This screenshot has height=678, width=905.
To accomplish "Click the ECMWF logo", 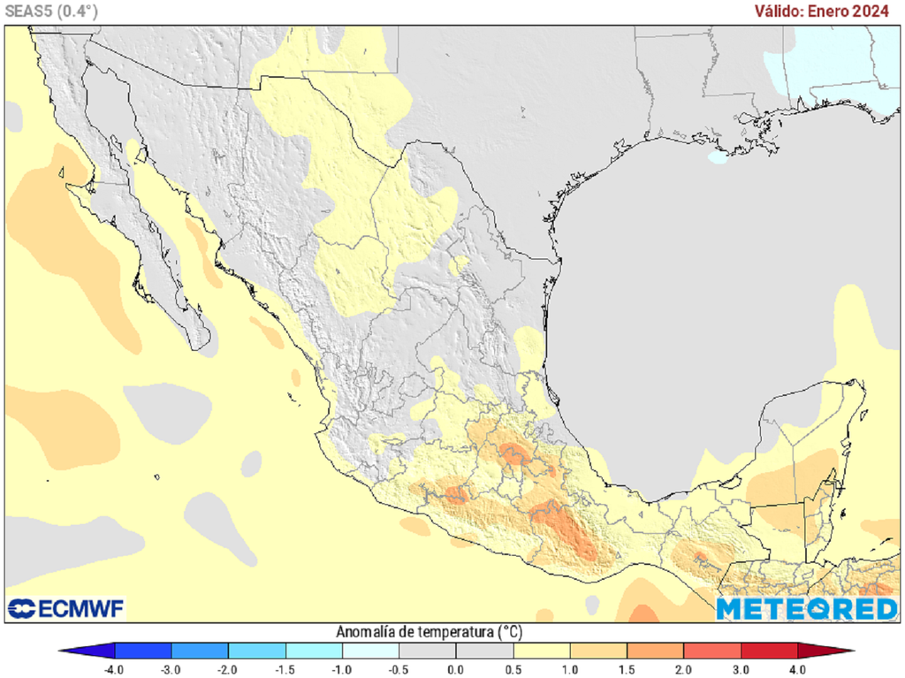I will click(x=66, y=608).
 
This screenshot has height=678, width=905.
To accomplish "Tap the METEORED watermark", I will click(x=806, y=608).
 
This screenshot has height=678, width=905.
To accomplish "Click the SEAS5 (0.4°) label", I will click(x=51, y=11).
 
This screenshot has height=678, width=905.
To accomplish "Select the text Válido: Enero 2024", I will click(x=822, y=11).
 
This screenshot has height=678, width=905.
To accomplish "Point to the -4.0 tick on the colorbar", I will click(x=114, y=669).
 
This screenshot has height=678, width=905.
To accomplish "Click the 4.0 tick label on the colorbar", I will click(x=798, y=669).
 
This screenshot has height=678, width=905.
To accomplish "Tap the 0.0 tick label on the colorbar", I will click(x=456, y=669).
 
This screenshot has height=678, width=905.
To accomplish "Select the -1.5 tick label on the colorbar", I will click(x=285, y=669).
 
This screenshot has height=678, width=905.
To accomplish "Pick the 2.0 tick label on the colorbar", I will click(x=684, y=669).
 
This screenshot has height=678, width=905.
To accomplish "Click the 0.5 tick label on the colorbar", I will click(x=513, y=669).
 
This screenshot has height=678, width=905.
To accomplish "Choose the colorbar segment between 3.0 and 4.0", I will click(x=769, y=651).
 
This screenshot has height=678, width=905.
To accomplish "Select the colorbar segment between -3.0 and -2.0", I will click(x=200, y=651).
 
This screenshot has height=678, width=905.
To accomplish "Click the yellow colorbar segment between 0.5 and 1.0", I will click(x=542, y=651).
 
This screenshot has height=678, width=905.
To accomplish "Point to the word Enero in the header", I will click(x=830, y=11).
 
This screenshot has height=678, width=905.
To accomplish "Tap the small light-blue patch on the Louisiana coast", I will click(x=718, y=157).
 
